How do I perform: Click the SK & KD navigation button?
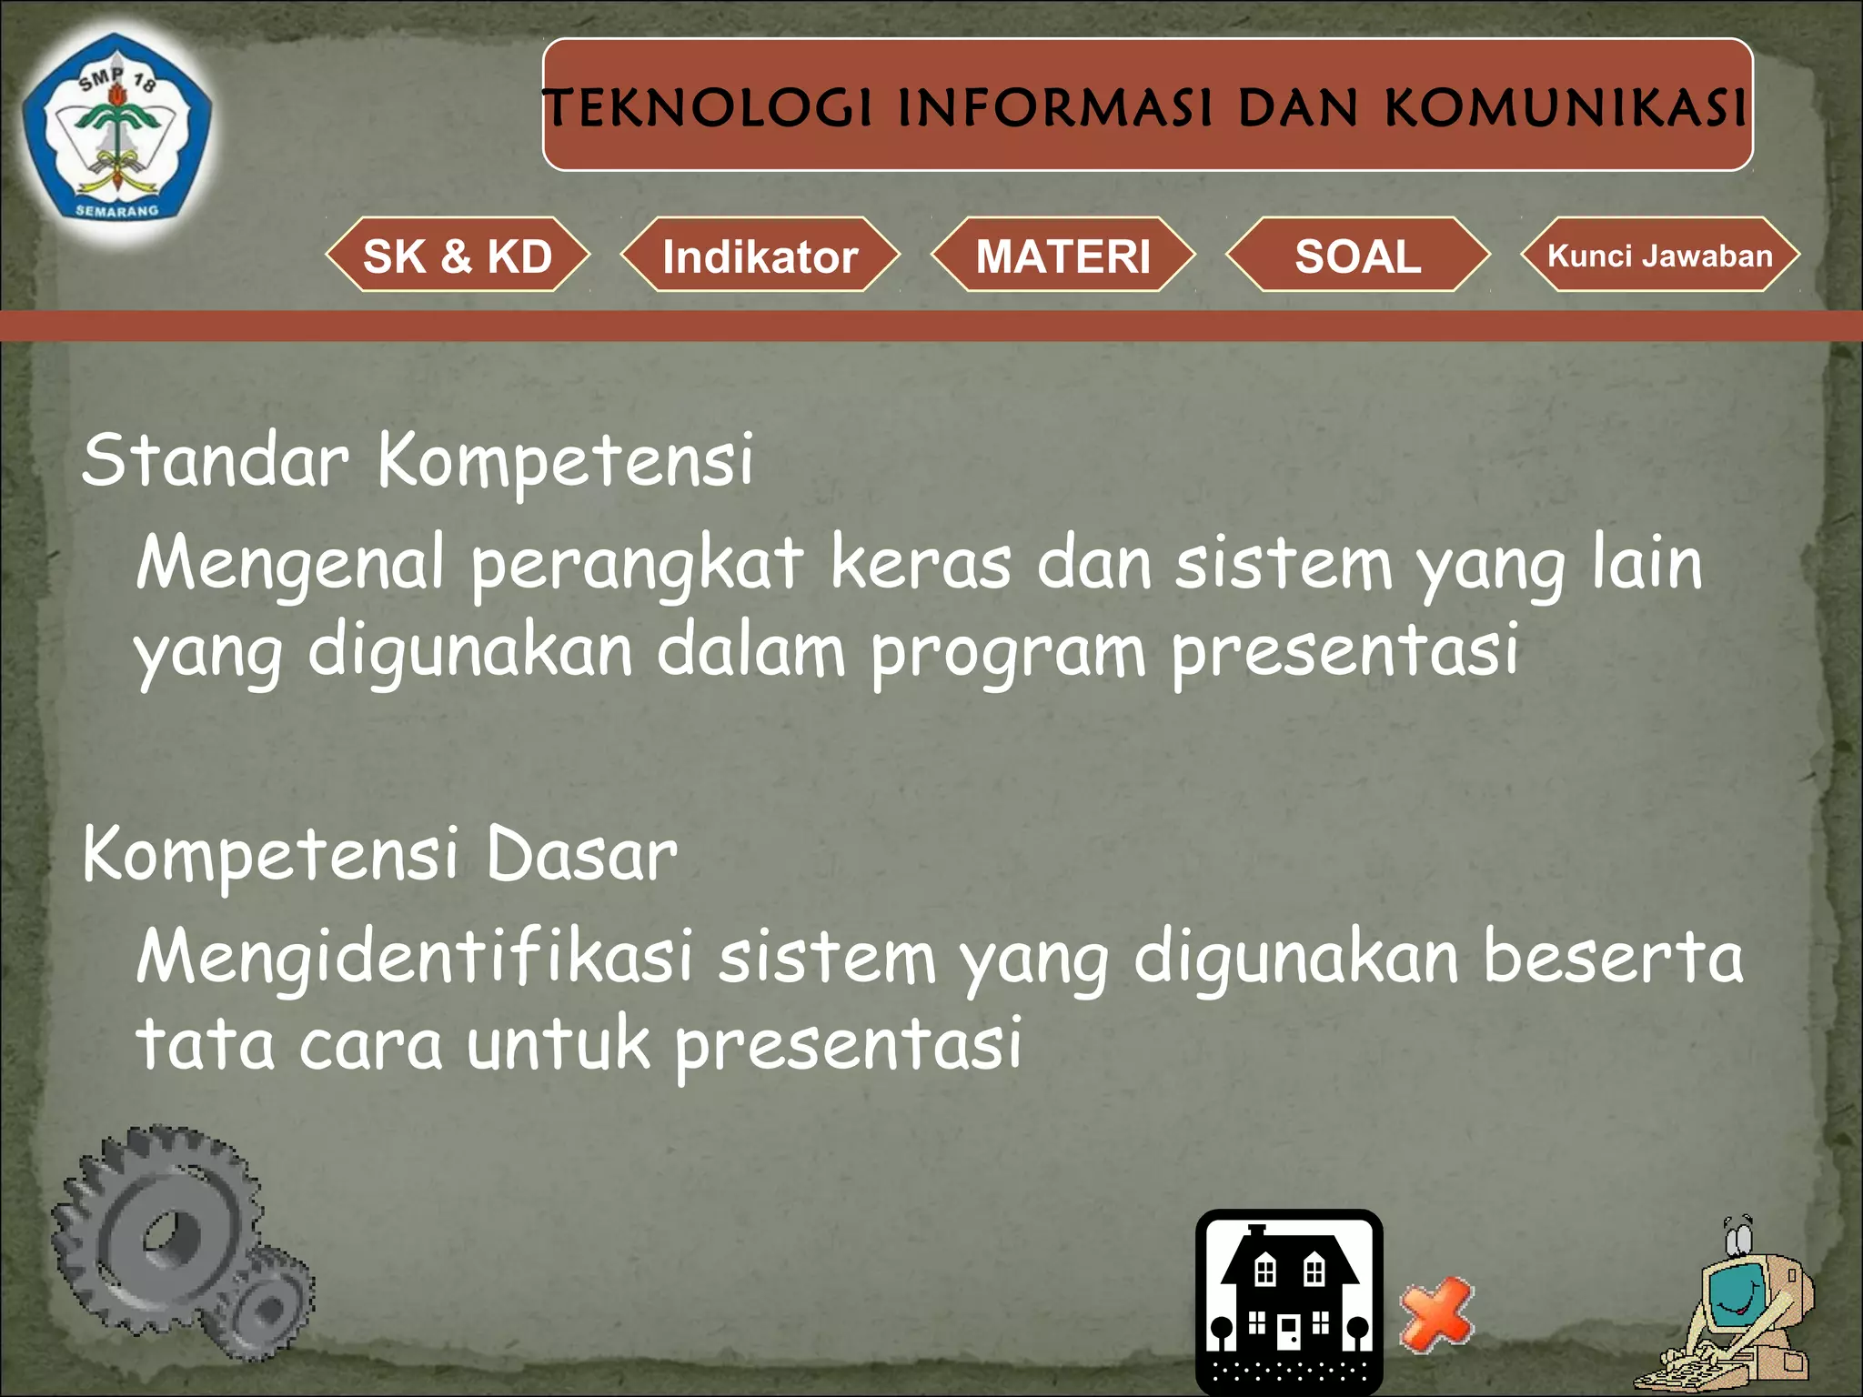(x=458, y=256)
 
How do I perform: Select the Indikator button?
(x=760, y=256)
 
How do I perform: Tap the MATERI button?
(x=1062, y=256)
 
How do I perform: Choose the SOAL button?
(x=1357, y=256)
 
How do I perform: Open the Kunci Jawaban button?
(x=1659, y=256)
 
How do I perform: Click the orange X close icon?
(x=1436, y=1313)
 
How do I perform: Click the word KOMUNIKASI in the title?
(x=1565, y=107)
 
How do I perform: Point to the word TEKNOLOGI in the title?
(x=708, y=107)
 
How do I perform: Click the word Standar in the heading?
(x=215, y=459)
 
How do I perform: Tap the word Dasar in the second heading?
(x=581, y=855)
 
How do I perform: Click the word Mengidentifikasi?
(x=414, y=958)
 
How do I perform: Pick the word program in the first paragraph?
(x=1007, y=653)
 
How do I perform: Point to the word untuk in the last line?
(x=558, y=1044)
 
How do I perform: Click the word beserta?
(x=1612, y=958)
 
